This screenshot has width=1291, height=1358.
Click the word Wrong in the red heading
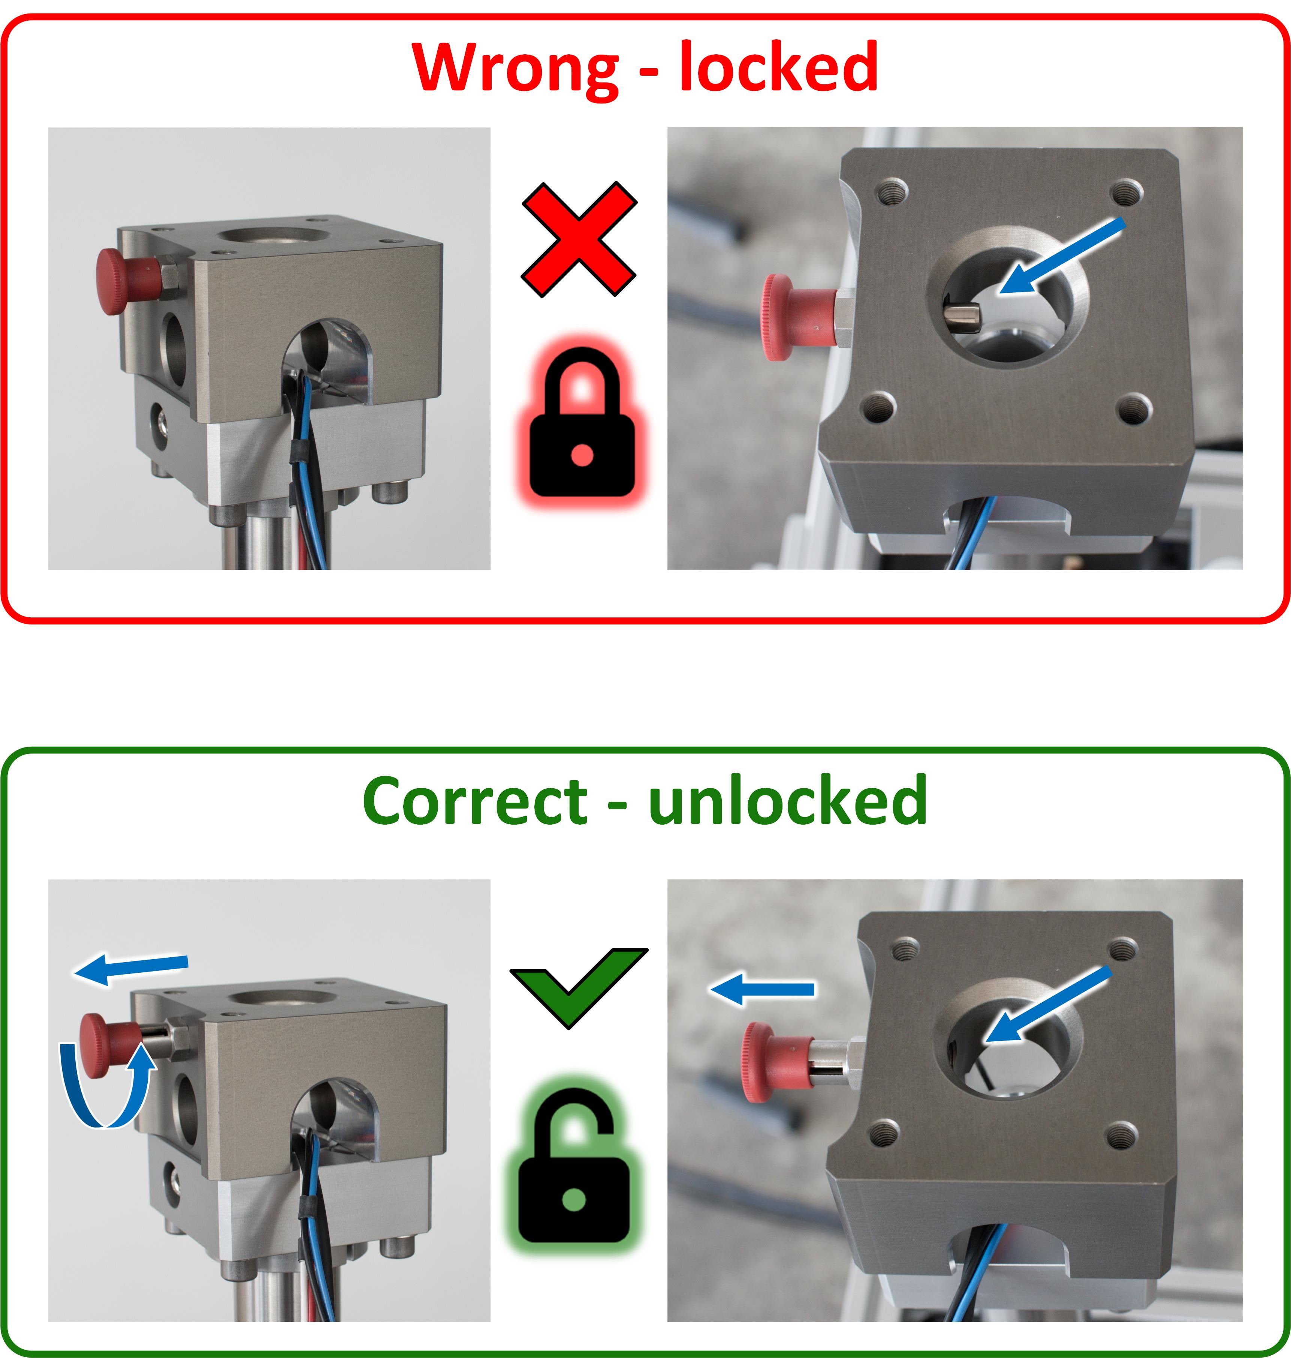(x=516, y=69)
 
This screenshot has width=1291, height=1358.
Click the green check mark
(x=578, y=988)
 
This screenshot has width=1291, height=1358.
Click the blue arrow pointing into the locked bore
(x=1062, y=256)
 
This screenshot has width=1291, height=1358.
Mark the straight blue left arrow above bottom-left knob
(x=131, y=969)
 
